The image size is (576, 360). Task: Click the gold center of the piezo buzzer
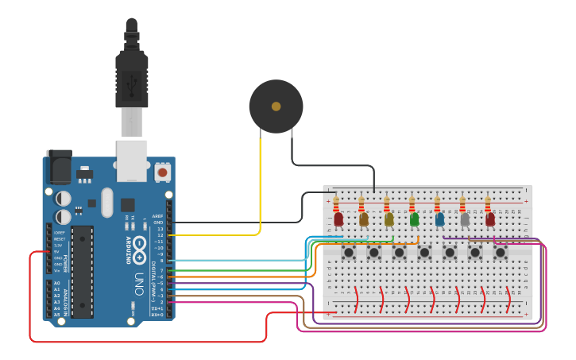point(276,106)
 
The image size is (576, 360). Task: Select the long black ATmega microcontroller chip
point(82,271)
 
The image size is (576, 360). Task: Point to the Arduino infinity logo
point(139,244)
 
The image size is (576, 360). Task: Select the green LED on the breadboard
point(414,219)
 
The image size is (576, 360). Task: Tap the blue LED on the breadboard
point(439,219)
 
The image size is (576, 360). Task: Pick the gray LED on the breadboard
point(465,219)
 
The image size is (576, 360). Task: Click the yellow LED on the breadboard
point(389,219)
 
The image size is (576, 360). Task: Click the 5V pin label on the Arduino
point(58,251)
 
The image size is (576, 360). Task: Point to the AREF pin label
point(157,216)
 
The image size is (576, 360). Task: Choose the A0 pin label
point(57,283)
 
